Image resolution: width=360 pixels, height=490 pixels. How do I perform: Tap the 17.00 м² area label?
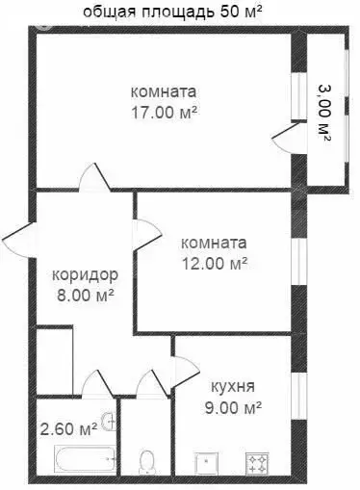pos(164,111)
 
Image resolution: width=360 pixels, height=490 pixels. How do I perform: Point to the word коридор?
pos(86,274)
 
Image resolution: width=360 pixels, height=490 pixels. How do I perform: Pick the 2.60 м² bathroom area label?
pos(68,427)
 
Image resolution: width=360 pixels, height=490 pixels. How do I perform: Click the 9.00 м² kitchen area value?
pos(236,407)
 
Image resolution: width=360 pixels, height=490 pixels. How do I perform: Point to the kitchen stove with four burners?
pos(260,464)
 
